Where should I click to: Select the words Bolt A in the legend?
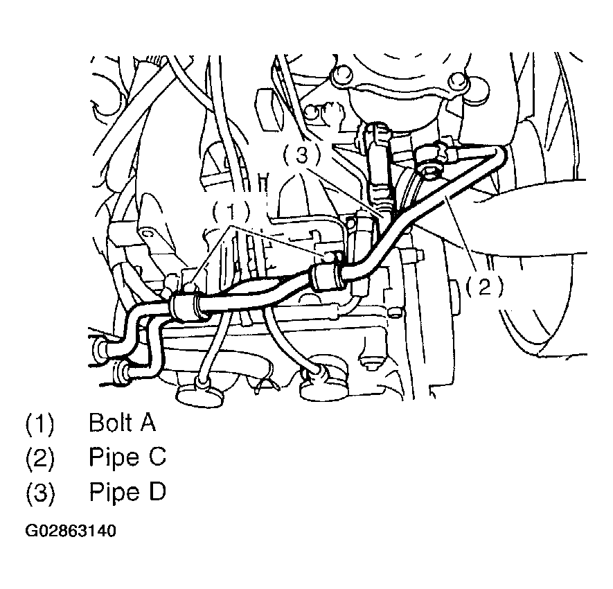coord(123,423)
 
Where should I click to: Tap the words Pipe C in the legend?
coord(127,457)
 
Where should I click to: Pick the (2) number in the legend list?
coord(39,457)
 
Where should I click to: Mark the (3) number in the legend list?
coord(39,492)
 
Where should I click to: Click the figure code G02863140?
coord(71,531)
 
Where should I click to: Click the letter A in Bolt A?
coord(148,423)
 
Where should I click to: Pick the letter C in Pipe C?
coord(158,457)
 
